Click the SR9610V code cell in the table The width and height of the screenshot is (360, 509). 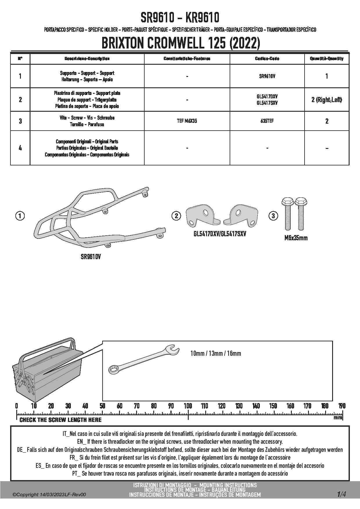point(267,76)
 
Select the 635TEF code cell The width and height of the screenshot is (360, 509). point(267,121)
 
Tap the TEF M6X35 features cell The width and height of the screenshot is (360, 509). point(187,121)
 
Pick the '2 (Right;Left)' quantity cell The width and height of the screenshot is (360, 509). point(327,100)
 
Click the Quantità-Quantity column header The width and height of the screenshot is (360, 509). point(327,59)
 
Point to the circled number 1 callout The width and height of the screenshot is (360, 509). point(20,216)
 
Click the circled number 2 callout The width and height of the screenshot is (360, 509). point(176,216)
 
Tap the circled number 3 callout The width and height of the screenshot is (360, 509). point(273,216)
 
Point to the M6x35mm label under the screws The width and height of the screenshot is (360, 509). point(296,238)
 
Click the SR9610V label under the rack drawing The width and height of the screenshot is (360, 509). point(91,257)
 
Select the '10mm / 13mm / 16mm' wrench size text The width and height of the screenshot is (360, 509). point(216,353)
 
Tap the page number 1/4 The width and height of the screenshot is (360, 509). point(341,494)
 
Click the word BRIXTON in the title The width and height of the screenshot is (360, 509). point(123,44)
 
